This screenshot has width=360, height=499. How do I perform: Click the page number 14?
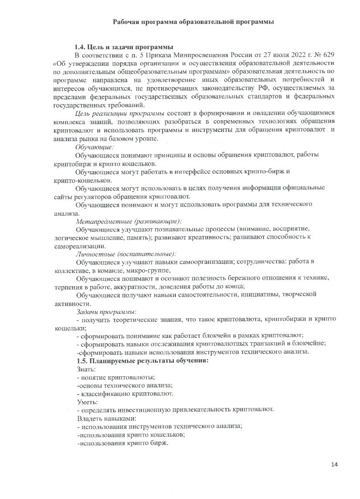pos(334,464)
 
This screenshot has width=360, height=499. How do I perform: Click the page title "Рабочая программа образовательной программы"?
pos(194,22)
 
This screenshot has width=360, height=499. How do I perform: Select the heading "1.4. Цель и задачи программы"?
pos(124,47)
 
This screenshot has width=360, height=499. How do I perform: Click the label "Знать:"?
pos(86,369)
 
